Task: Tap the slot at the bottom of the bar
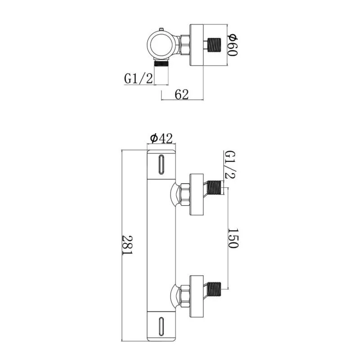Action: (161, 326)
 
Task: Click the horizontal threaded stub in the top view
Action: (215, 45)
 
